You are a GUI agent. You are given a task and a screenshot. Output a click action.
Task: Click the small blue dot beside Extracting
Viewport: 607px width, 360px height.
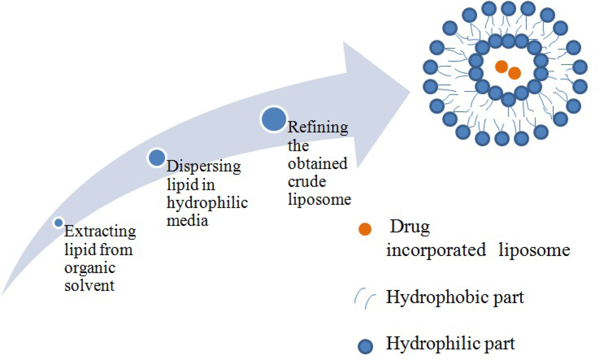58,223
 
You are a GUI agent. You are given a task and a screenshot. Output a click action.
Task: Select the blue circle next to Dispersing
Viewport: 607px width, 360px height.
157,158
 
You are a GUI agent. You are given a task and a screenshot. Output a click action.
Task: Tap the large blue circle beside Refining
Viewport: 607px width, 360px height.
274,119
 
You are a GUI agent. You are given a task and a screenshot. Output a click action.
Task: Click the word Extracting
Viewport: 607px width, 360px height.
100,231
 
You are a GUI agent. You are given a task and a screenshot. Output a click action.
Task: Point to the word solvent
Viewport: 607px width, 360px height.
89,285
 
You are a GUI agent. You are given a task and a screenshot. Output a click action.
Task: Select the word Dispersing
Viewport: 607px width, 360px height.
203,166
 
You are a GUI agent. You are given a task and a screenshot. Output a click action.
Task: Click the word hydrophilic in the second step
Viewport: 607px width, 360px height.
207,203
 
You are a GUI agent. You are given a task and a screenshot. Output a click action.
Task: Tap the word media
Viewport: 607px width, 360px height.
187,221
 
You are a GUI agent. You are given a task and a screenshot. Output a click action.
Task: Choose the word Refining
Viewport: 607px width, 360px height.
318,128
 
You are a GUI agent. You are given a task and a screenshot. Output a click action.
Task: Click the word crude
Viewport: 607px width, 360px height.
307,182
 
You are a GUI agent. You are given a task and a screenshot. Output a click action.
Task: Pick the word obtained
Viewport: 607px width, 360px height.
317,164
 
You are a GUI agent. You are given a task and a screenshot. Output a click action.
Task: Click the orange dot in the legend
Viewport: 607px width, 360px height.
365,229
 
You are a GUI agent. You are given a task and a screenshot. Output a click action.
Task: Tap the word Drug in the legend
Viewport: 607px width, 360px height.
410,227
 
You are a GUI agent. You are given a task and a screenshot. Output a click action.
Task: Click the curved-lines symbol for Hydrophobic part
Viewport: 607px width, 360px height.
365,298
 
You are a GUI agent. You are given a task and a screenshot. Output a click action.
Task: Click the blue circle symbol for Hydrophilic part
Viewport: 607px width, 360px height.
365,346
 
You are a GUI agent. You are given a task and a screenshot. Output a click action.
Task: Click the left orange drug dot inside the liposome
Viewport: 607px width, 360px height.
501,67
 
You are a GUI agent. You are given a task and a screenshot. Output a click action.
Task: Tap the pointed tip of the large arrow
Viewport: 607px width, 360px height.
410,92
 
